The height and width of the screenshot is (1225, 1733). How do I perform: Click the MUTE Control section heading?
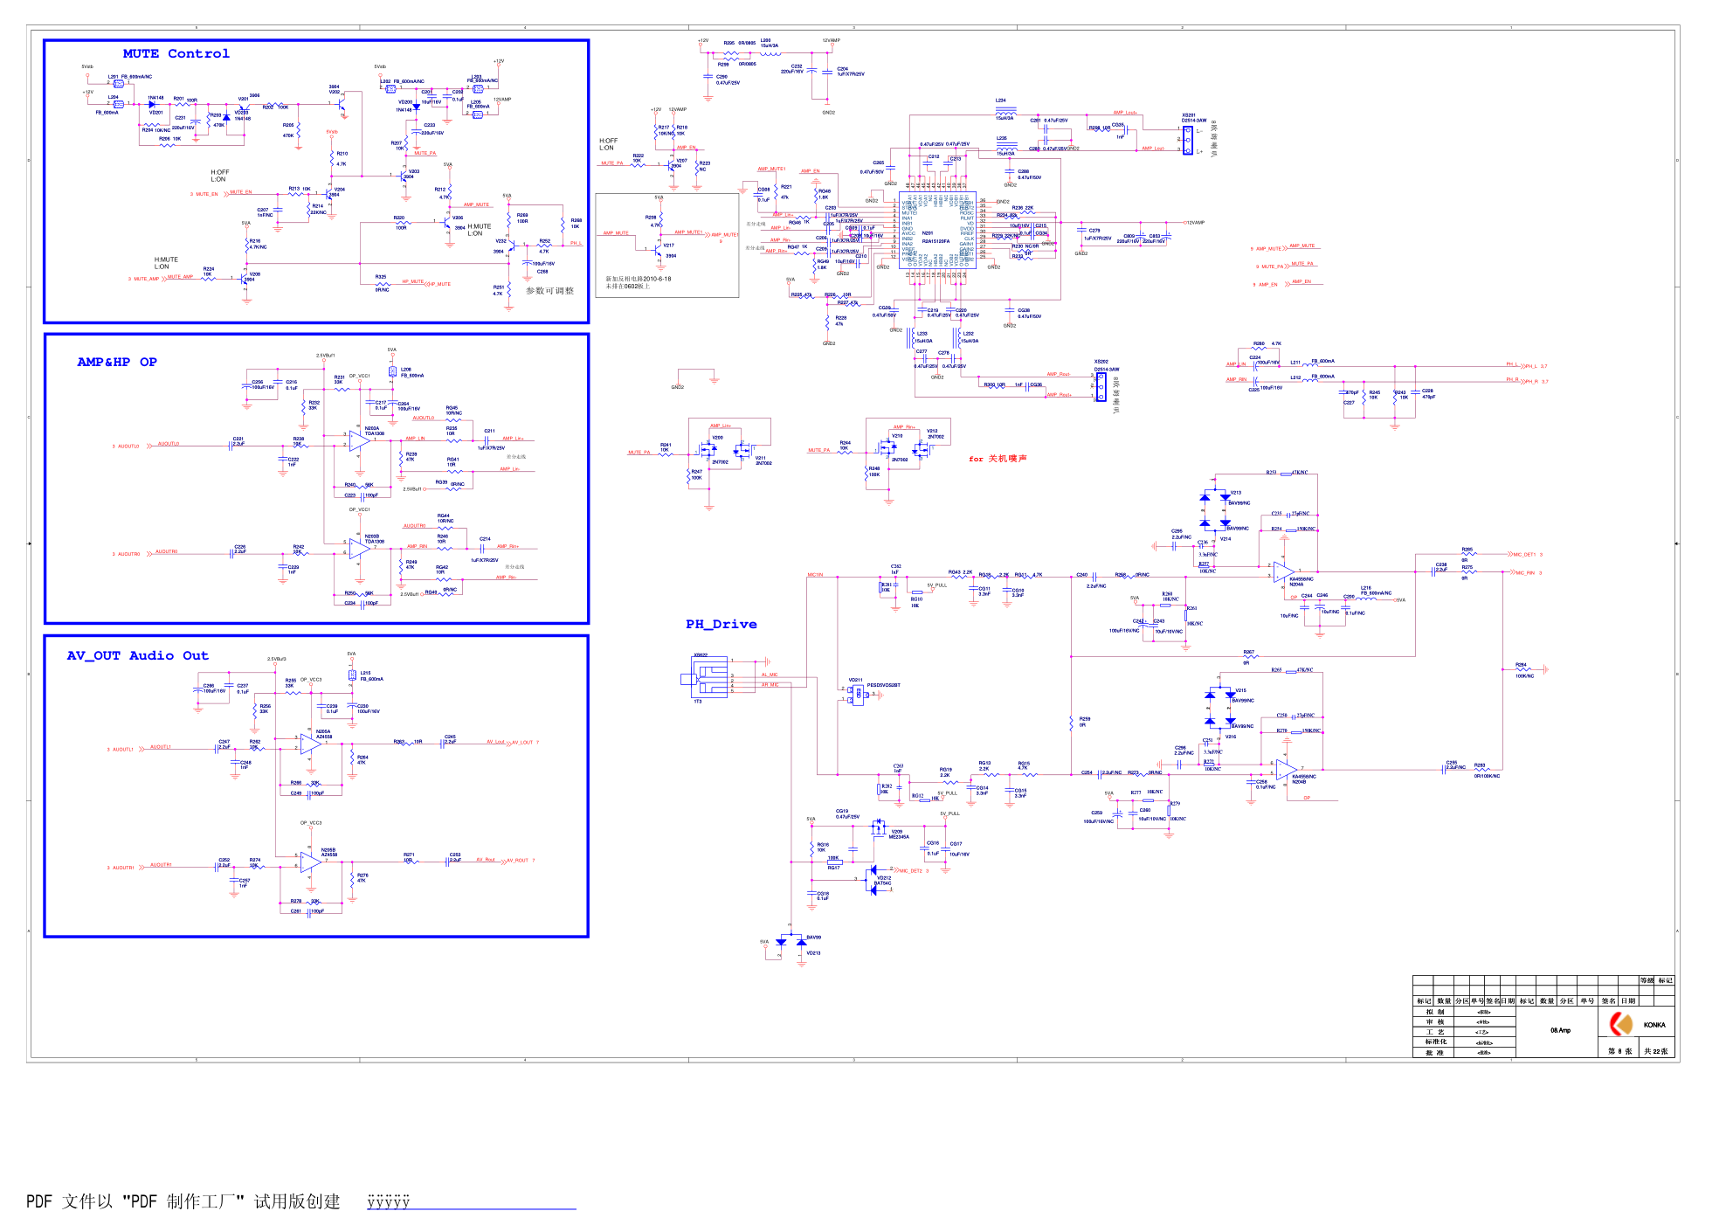click(x=176, y=54)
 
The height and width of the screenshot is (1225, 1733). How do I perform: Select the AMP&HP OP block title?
click(x=117, y=362)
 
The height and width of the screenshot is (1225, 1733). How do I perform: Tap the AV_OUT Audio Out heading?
click(x=137, y=655)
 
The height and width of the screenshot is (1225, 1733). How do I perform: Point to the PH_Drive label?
click(x=721, y=624)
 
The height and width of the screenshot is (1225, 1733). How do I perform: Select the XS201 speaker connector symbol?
click(x=1187, y=140)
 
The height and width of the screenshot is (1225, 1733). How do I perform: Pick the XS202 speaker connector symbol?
click(x=1101, y=385)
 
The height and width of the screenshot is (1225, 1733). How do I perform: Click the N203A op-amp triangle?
click(x=359, y=440)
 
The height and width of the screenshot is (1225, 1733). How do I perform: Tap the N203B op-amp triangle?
click(x=359, y=549)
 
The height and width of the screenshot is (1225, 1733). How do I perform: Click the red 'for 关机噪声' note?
click(x=998, y=459)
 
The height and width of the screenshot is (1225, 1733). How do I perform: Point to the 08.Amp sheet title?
click(x=1560, y=1030)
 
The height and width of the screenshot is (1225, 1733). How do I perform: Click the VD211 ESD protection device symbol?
click(x=858, y=695)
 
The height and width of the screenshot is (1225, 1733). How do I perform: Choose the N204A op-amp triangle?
click(x=1283, y=571)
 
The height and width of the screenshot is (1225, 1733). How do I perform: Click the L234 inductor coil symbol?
click(x=1005, y=112)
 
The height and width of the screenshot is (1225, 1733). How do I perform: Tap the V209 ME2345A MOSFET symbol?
click(x=878, y=827)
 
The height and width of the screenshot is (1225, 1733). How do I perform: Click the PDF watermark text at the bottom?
click(x=183, y=1201)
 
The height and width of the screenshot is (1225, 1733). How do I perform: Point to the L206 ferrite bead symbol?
click(x=393, y=372)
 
